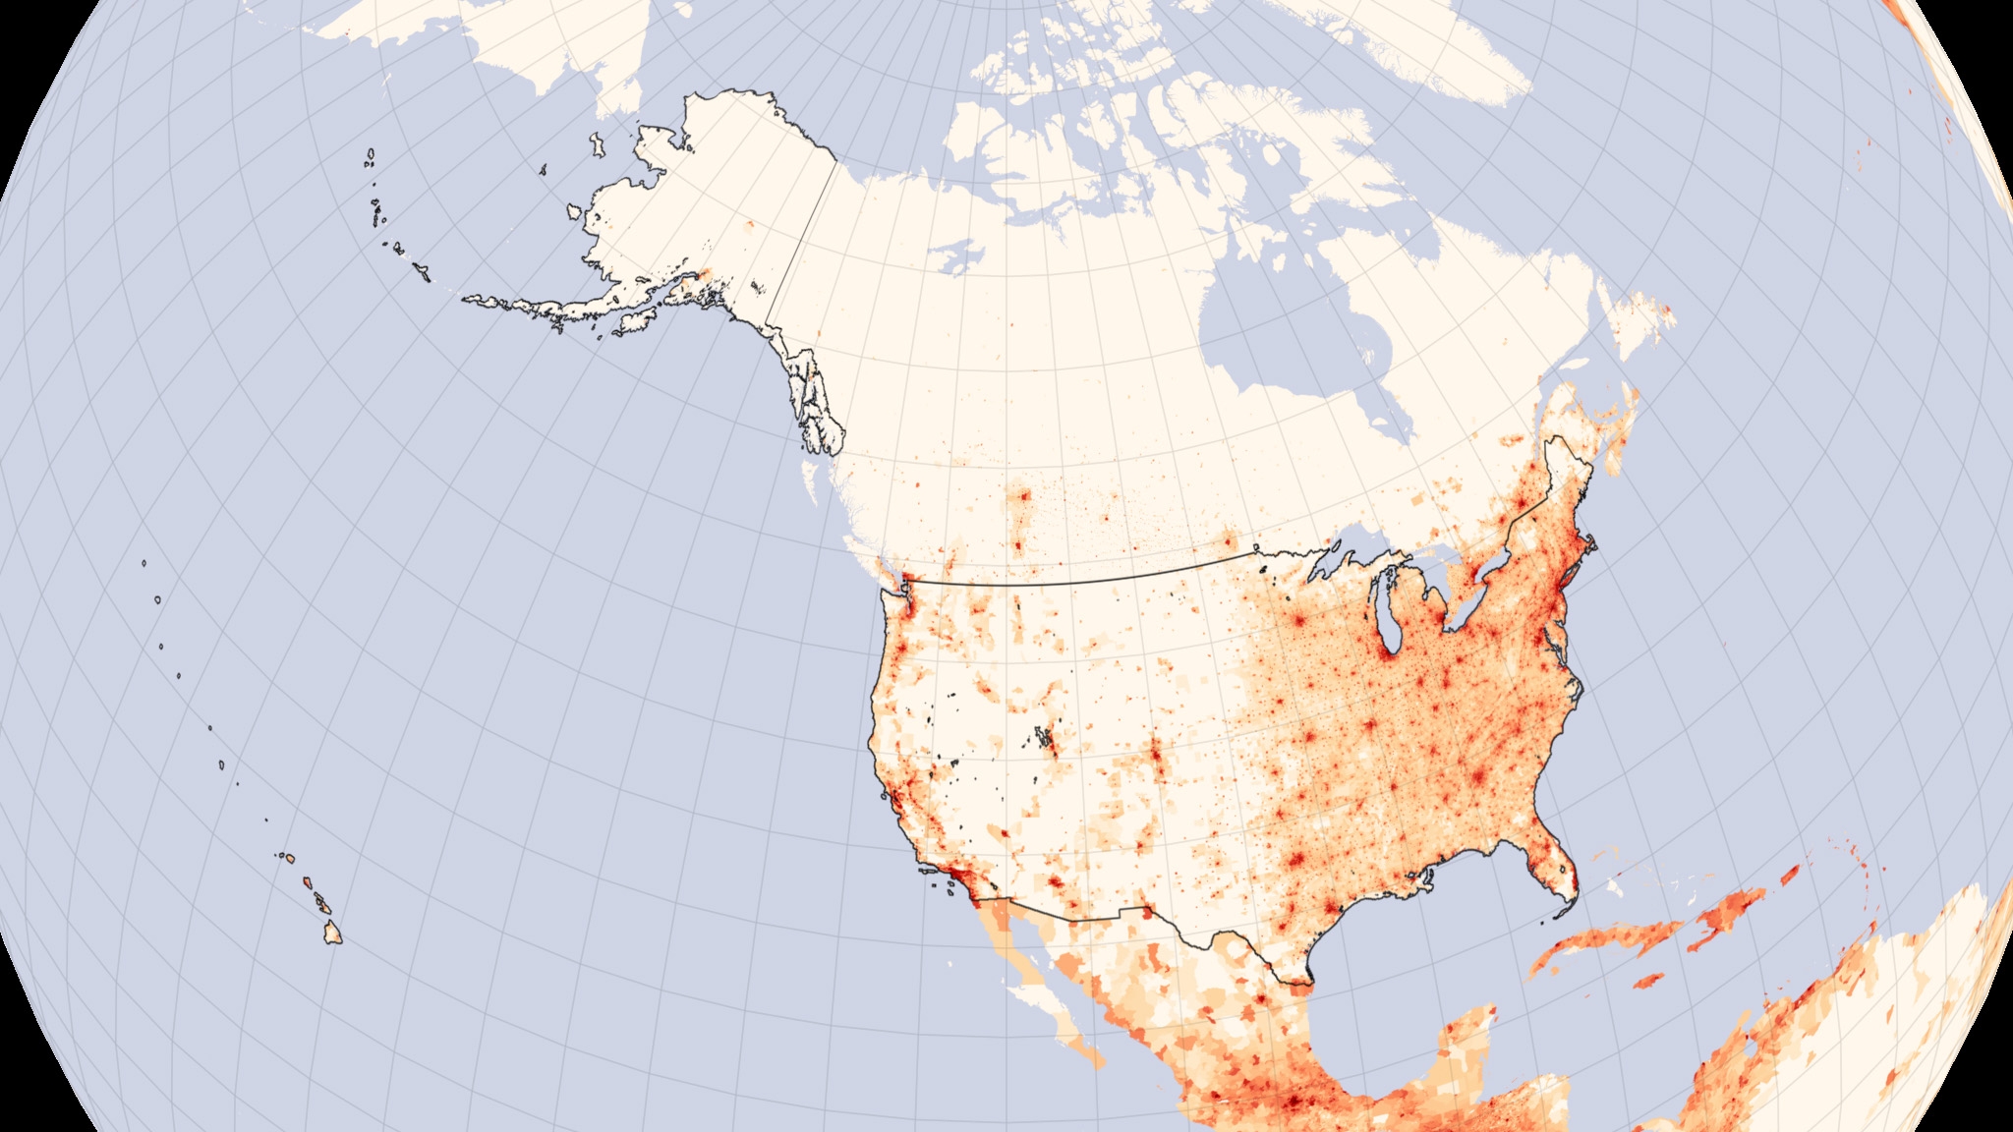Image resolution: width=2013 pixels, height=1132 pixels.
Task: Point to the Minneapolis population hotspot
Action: pyautogui.click(x=1296, y=621)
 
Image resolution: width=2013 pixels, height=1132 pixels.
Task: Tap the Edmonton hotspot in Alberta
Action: pyautogui.click(x=1025, y=497)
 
